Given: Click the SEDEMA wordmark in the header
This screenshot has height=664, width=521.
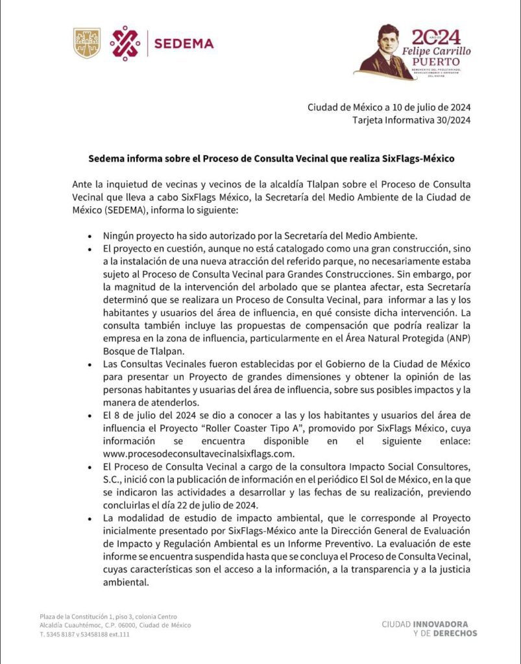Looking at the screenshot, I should click(184, 43).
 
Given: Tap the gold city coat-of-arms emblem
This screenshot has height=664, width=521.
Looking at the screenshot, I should click(87, 43).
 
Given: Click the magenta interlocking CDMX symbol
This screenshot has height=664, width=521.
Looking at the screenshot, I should click(125, 43).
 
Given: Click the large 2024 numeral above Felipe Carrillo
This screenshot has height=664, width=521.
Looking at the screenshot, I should click(436, 37).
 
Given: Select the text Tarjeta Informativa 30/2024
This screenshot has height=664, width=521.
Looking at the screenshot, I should click(411, 120).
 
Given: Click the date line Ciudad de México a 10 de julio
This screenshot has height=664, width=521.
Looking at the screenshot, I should click(389, 108).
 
